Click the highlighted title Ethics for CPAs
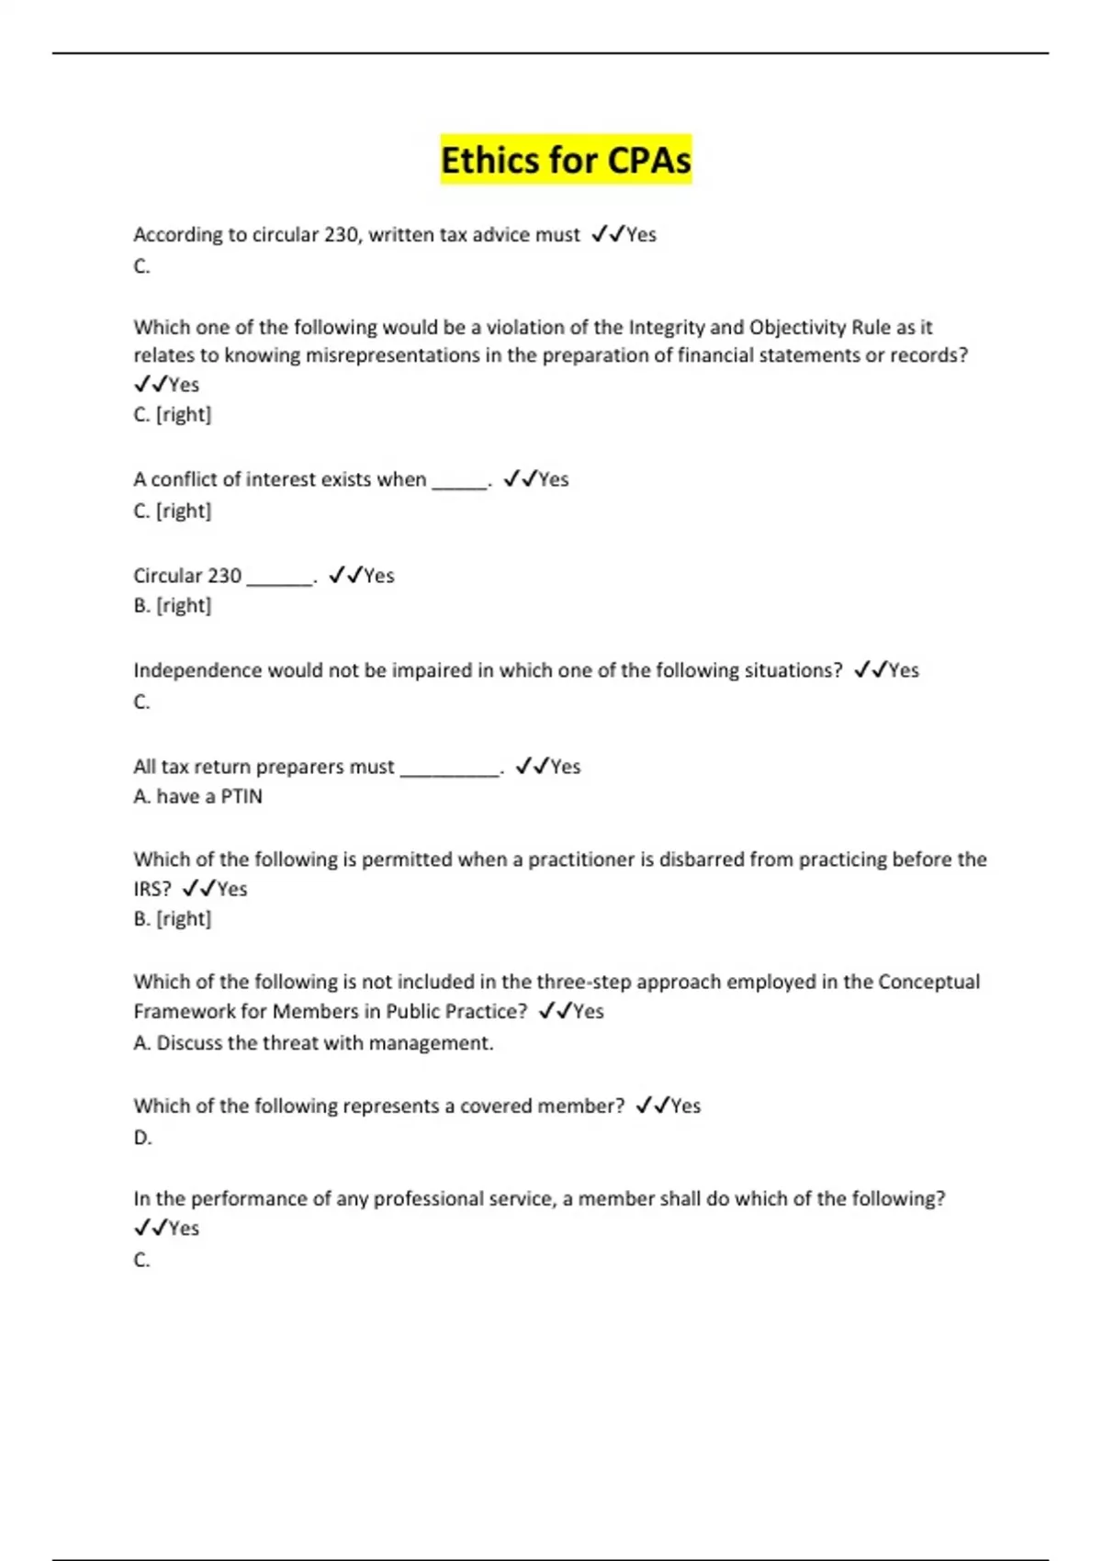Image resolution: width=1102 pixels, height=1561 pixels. click(566, 160)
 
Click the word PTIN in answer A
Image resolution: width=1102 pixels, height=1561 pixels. click(242, 796)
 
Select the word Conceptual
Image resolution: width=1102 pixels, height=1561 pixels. click(928, 982)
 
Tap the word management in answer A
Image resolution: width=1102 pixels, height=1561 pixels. click(441, 1043)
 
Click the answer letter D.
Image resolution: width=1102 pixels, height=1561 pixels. click(142, 1138)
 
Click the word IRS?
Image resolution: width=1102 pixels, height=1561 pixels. click(152, 889)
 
